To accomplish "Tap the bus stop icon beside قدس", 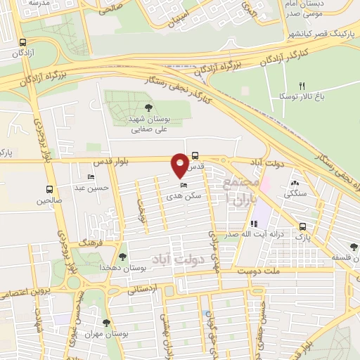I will (x=195, y=156).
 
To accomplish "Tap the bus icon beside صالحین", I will (x=49, y=189).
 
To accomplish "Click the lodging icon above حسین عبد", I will (x=90, y=177).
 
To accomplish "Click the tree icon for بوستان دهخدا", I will (x=123, y=257).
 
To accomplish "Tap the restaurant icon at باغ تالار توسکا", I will (x=302, y=85).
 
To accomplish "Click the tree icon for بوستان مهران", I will (x=106, y=323).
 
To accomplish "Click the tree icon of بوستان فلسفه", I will (x=353, y=247).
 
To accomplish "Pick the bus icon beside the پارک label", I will (x=303, y=227).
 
